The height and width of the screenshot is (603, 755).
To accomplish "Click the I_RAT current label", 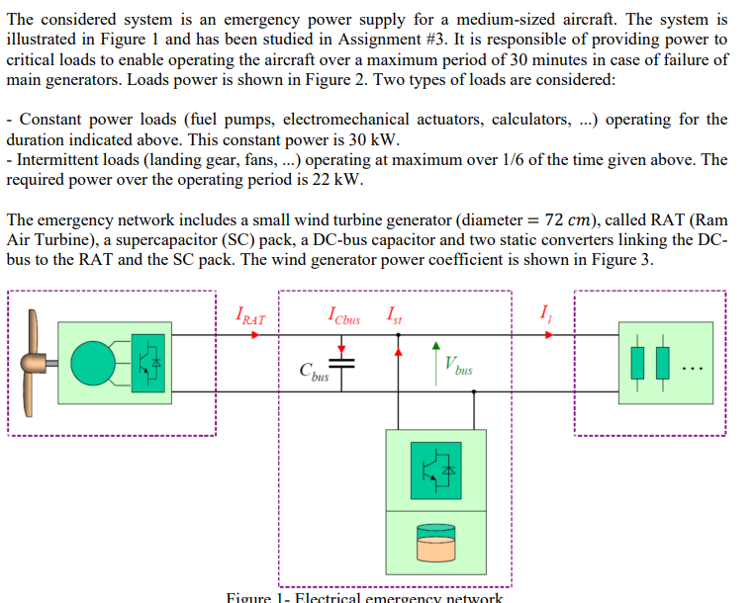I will coord(251,316).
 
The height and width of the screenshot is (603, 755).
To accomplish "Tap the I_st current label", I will coord(395,316).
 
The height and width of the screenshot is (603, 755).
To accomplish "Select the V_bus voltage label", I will coord(458,366).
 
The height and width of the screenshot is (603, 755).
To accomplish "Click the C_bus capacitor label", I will coord(314,373).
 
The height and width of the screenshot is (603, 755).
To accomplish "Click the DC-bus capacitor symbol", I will coord(342,365).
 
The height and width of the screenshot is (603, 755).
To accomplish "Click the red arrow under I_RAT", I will coord(254,334).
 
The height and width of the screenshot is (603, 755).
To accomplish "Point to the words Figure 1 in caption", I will coord(257,596).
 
